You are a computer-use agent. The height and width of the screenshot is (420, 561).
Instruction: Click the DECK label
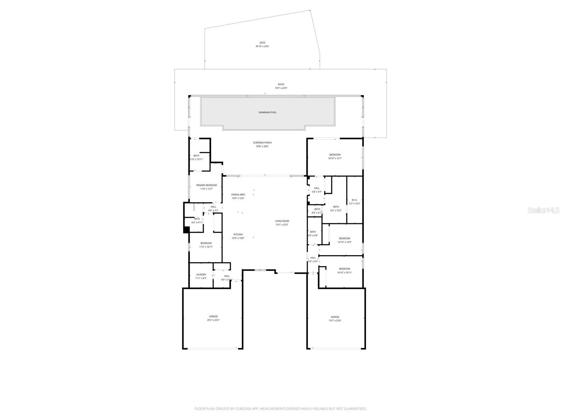point(262,43)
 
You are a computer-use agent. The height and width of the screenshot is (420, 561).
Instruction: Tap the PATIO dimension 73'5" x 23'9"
point(281,88)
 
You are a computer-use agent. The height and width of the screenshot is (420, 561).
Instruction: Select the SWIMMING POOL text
point(268,112)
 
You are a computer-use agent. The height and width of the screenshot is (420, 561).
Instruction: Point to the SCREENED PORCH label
point(262,143)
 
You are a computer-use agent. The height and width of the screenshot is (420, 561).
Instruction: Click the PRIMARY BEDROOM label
point(206,185)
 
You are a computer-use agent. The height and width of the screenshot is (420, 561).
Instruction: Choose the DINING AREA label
point(238,195)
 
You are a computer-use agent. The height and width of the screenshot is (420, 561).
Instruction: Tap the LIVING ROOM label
point(282,221)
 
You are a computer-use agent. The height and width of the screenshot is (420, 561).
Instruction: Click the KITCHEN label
point(238,234)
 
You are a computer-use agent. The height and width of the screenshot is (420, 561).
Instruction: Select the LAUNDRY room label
point(201,275)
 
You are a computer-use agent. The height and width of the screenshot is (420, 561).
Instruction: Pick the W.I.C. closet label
point(354,200)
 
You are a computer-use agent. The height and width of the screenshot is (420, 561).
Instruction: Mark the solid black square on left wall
point(187,230)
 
